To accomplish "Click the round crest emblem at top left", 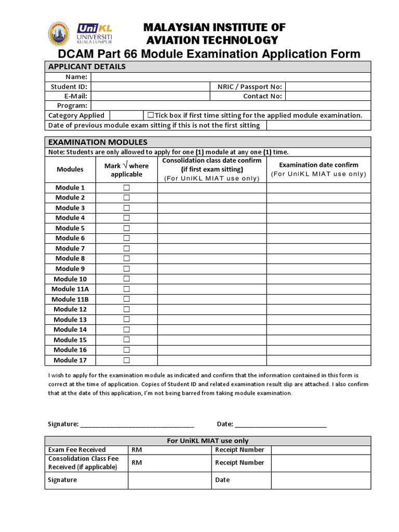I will point(59,34).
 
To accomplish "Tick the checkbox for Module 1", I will point(126,188).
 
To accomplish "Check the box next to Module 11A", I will point(126,289).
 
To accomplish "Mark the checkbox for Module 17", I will point(126,360).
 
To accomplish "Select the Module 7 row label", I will point(70,248).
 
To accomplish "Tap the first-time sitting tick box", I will point(151,115).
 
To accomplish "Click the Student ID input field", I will point(150,87).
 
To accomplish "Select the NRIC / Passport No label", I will point(247,87).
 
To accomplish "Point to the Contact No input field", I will point(328,96).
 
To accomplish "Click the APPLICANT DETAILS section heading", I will point(87,66).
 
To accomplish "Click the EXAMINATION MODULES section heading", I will point(98,142).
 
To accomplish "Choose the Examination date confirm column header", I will point(318,165).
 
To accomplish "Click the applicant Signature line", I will point(137,423).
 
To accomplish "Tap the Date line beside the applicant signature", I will point(281,423).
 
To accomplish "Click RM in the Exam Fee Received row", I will point(137,450).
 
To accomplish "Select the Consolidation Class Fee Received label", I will point(83,463).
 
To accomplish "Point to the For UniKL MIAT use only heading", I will point(207,441).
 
